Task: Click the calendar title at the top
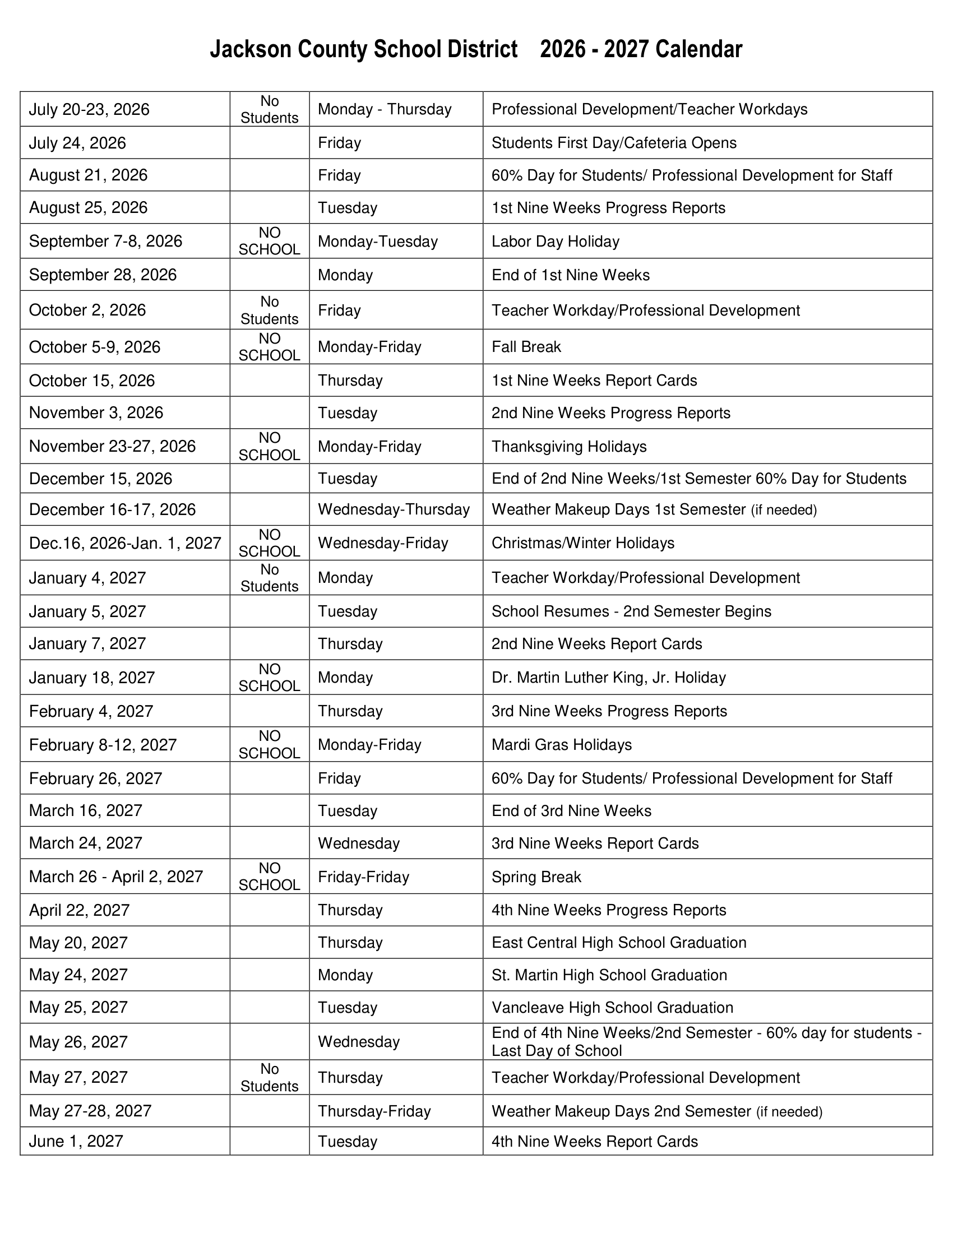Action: point(476,50)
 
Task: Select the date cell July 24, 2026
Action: point(77,143)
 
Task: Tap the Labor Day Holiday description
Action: point(555,242)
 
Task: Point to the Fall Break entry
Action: point(526,346)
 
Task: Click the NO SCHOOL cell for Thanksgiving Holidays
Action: point(269,447)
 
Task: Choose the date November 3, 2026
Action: point(96,412)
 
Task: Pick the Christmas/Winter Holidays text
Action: point(582,543)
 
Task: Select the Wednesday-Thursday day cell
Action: point(394,510)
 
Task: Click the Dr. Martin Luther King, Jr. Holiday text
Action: point(608,678)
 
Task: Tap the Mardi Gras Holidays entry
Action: point(561,745)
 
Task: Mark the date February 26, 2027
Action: point(95,778)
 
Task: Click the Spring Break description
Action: point(536,877)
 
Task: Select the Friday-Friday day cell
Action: point(363,877)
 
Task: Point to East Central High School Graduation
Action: point(619,943)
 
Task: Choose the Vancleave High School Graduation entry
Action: point(612,1008)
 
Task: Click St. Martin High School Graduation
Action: point(609,975)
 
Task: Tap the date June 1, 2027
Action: point(76,1142)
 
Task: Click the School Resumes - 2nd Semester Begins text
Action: point(631,611)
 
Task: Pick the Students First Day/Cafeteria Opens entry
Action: point(614,143)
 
